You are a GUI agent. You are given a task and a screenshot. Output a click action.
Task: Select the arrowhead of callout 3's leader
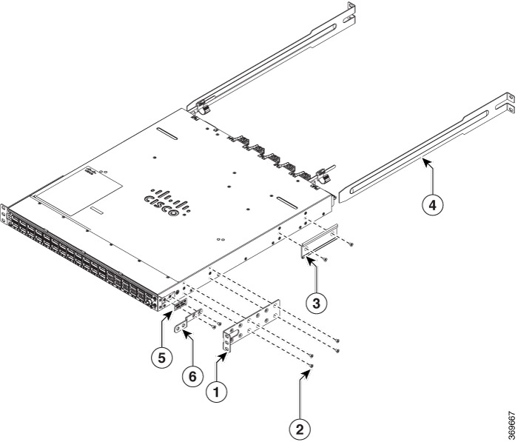tap(314, 263)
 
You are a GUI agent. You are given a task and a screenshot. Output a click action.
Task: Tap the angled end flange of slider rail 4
tap(508, 104)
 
